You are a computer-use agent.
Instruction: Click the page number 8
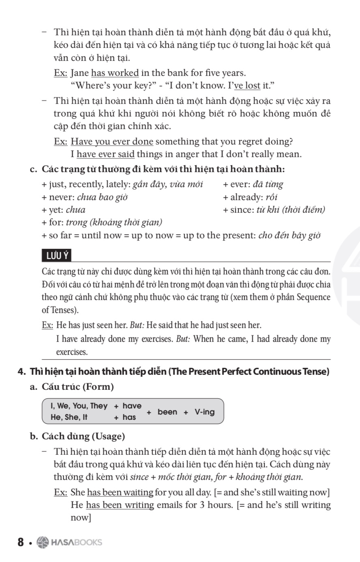click(21, 543)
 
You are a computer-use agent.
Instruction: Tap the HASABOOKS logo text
click(76, 543)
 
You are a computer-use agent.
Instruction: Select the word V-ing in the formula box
click(205, 412)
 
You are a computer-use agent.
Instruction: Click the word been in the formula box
click(167, 412)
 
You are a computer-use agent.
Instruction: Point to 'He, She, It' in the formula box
click(69, 417)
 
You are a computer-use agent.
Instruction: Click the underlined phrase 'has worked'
click(115, 73)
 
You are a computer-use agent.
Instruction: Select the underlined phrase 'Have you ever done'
click(112, 142)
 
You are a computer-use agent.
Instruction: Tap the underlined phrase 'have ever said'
click(106, 154)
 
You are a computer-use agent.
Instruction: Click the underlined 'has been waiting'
click(120, 493)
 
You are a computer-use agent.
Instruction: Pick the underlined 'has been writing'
click(120, 505)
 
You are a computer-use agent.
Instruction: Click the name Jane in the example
click(80, 73)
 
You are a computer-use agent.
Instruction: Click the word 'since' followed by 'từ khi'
click(242, 210)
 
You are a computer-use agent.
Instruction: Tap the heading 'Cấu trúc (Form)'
click(78, 387)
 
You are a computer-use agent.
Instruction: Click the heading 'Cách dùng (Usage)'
click(83, 437)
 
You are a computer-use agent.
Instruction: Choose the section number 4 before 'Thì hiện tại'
click(21, 372)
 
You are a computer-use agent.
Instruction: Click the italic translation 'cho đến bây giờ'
click(289, 236)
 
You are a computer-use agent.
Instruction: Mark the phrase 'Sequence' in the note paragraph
click(313, 297)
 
